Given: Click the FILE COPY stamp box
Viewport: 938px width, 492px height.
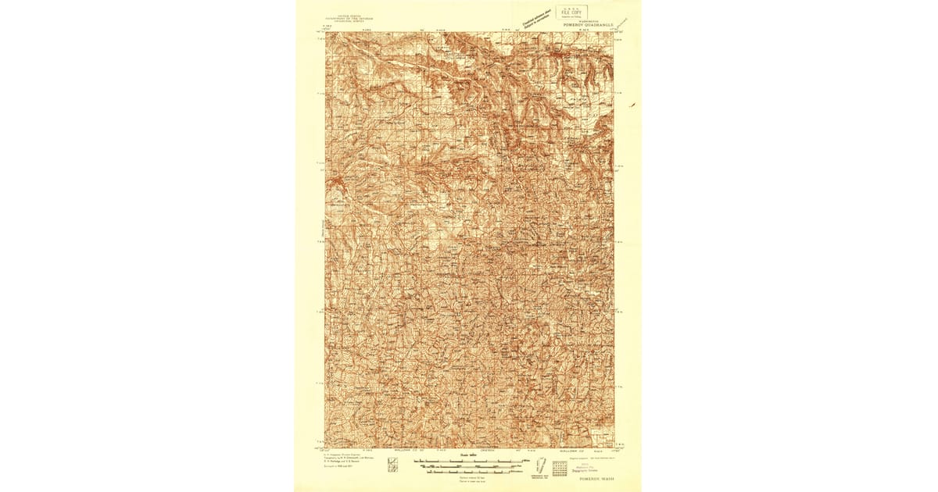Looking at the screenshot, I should [x=568, y=12].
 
